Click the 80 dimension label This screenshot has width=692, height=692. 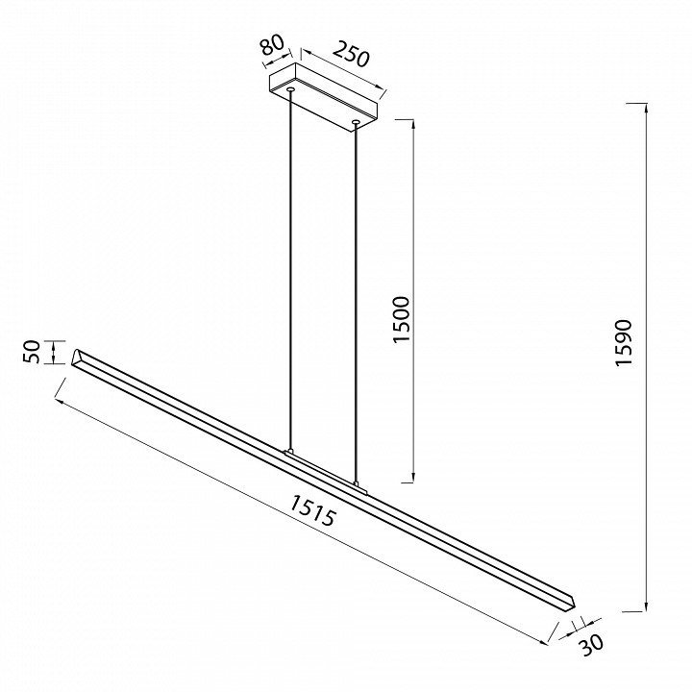coord(271,46)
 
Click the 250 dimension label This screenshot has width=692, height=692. coord(350,54)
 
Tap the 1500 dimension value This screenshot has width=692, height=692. coord(402,319)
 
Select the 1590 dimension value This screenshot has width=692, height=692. coord(624,342)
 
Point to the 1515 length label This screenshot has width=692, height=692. coord(313,510)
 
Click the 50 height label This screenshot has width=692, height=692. coord(32,352)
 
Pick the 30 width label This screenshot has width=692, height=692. coord(590,645)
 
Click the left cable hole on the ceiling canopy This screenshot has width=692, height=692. coord(290,90)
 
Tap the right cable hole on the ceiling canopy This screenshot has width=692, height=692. coord(356,121)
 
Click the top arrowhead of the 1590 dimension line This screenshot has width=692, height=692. coord(646,108)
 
